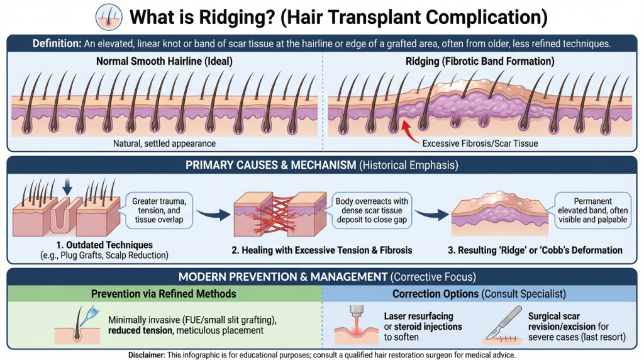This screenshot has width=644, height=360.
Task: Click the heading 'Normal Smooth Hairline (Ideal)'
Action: click(x=164, y=62)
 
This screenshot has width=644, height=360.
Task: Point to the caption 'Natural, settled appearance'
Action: click(x=164, y=144)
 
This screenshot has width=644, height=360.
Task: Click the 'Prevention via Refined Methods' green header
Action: click(x=164, y=294)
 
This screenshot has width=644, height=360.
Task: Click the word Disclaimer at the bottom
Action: click(x=146, y=354)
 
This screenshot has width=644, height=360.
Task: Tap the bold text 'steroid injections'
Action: click(x=427, y=327)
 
